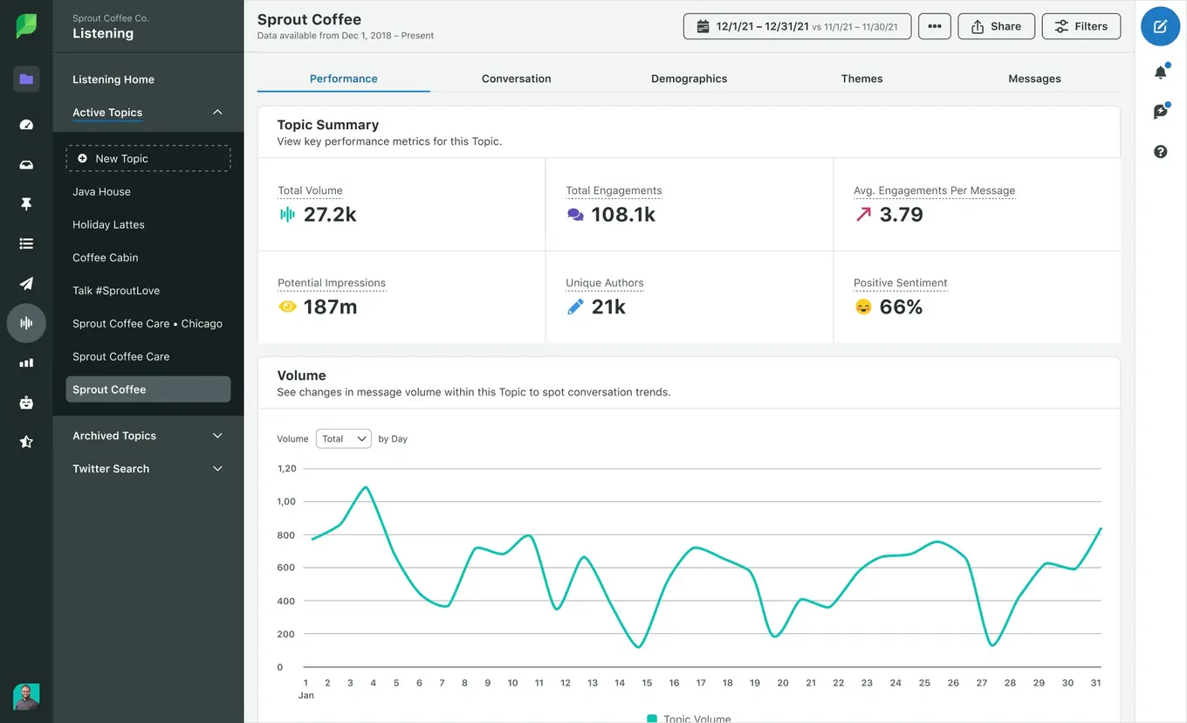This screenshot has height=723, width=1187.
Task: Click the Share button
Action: point(996,26)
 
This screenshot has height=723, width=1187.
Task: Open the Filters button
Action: point(1081,26)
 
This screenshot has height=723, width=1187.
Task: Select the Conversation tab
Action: point(516,79)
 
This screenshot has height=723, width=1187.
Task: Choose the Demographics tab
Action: point(689,79)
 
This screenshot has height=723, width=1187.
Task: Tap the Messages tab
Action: point(1034,79)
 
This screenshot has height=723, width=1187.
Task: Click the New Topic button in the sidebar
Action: point(148,158)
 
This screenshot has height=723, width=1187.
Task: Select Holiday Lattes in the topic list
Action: point(108,224)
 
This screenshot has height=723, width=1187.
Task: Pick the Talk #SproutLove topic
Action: point(116,291)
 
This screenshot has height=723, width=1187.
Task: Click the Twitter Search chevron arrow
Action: point(217,469)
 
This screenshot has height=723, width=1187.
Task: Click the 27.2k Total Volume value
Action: point(330,215)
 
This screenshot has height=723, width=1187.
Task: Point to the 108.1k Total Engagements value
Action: point(623,215)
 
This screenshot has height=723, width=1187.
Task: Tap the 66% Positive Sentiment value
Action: point(901,307)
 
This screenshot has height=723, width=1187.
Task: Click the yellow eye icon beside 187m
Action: point(287,307)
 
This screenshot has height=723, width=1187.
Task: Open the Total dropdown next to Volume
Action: point(343,438)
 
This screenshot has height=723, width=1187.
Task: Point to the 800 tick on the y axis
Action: point(286,535)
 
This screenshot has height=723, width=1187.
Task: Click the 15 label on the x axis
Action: point(647,683)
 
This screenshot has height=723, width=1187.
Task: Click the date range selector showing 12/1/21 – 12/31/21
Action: point(797,26)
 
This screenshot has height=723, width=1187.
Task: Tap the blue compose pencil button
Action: point(1160,26)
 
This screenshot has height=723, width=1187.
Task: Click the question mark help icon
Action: point(1160,152)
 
